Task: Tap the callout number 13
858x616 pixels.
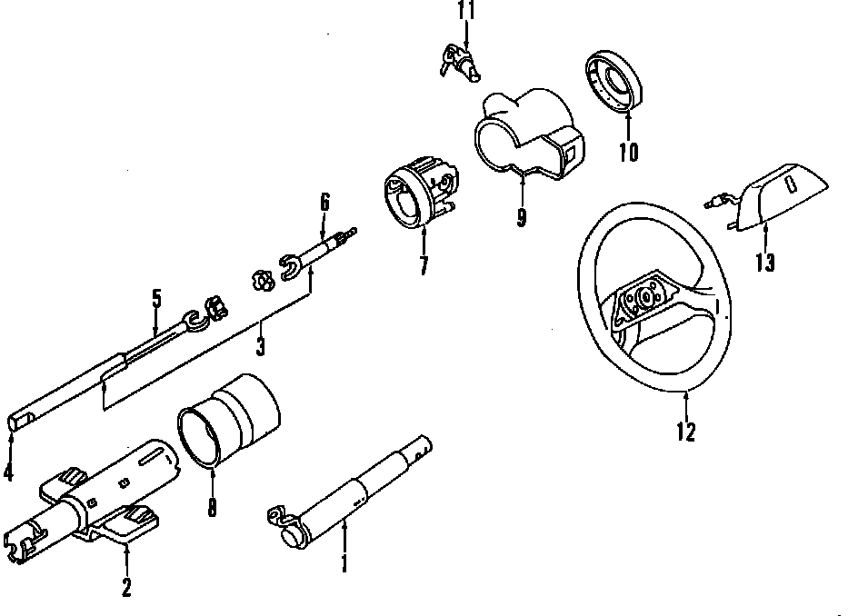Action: tap(764, 263)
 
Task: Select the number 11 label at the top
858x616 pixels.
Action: tap(465, 11)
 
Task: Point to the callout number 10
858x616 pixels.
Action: tap(628, 152)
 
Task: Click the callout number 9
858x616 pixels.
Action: tap(521, 218)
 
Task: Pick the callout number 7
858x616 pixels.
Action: tap(424, 266)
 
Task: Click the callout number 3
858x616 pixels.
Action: tap(261, 346)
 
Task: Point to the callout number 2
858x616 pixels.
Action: tap(126, 588)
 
